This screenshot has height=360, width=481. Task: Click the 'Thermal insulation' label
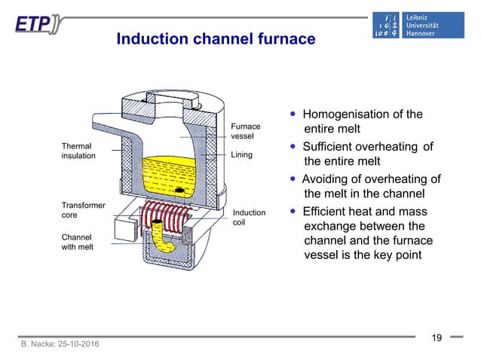[78, 150]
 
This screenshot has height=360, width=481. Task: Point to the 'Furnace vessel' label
[245, 132]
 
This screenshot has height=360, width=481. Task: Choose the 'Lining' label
[242, 154]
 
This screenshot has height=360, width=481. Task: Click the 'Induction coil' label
[249, 218]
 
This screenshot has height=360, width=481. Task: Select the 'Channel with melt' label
[78, 241]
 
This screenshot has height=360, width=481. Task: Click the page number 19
[436, 337]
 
